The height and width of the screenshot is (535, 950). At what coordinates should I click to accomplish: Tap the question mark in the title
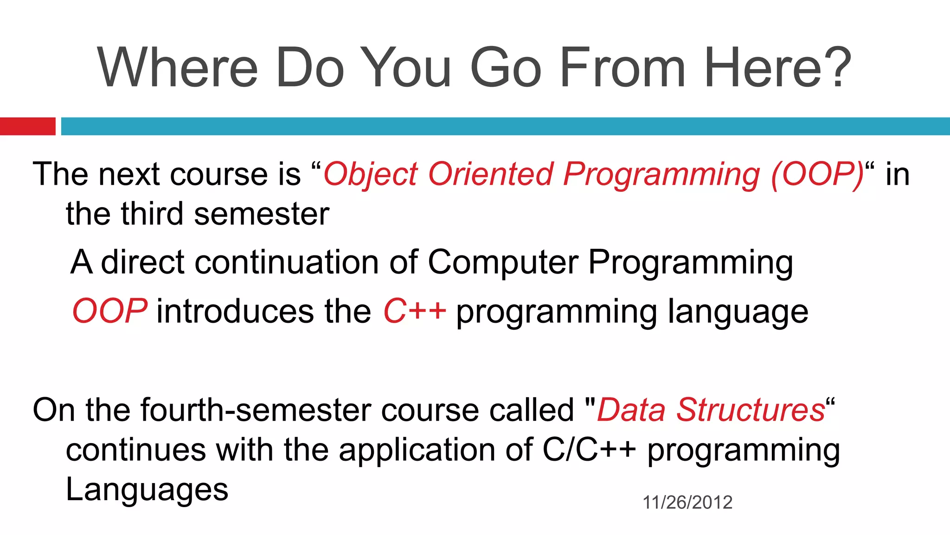pyautogui.click(x=837, y=67)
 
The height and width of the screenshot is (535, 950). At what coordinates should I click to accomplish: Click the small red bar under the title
pyautogui.click(x=27, y=126)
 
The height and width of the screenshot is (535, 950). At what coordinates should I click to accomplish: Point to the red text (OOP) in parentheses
pyautogui.click(x=817, y=175)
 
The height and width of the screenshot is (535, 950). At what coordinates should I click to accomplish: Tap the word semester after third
pyautogui.click(x=262, y=215)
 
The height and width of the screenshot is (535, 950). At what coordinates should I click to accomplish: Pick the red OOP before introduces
pyautogui.click(x=110, y=311)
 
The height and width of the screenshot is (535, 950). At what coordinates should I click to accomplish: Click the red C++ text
pyautogui.click(x=414, y=311)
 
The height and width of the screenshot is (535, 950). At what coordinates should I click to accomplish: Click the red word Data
pyautogui.click(x=631, y=410)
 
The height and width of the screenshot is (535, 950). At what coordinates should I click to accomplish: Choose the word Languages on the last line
pyautogui.click(x=147, y=490)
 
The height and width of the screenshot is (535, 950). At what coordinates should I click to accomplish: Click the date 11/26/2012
pyautogui.click(x=687, y=502)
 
